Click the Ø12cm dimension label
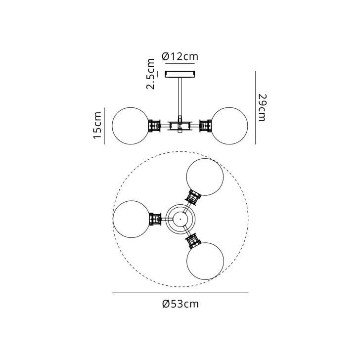180,56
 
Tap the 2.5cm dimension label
151,74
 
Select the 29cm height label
262,107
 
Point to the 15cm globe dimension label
97,126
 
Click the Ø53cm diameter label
180,304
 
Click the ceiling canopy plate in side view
180,74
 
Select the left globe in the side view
131,126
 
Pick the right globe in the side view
229,126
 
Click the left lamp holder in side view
154,126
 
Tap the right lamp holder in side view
206,126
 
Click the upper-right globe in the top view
205,177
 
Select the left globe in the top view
132,219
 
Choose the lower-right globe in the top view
205,261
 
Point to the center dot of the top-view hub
180,219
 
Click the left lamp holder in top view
155,219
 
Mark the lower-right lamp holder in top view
193,241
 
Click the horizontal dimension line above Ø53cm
180,293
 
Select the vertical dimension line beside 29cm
256,108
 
